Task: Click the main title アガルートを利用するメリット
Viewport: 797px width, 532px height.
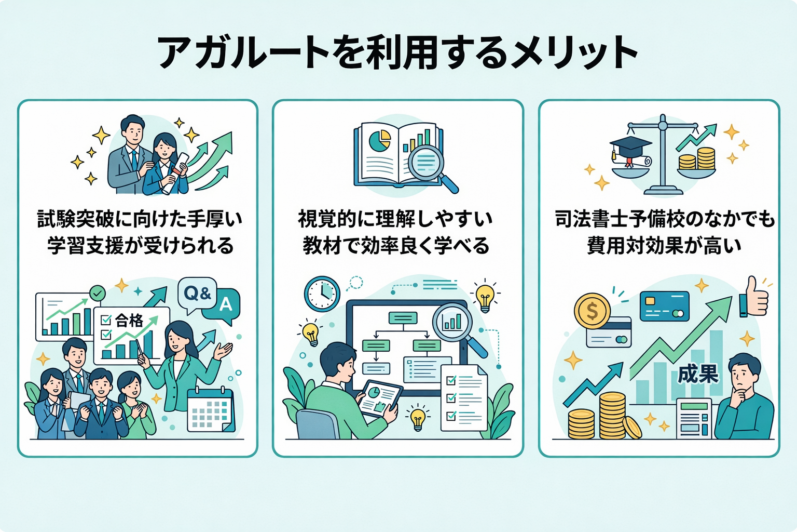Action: [x=397, y=53]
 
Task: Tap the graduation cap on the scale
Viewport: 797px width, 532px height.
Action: [x=630, y=147]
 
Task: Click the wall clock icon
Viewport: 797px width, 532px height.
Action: [x=322, y=294]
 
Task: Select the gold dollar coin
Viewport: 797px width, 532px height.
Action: [x=592, y=311]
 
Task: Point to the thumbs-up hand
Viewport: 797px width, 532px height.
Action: [x=754, y=297]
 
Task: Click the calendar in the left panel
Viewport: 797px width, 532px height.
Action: [x=211, y=410]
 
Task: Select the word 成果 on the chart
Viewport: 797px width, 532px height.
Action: [x=698, y=374]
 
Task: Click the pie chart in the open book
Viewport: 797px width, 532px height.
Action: [x=380, y=141]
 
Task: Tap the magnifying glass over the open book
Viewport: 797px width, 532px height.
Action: [x=432, y=167]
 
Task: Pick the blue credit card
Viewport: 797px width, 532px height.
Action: [x=664, y=306]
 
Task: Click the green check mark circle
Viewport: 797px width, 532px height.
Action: [x=97, y=293]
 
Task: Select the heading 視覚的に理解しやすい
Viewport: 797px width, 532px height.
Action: [x=395, y=219]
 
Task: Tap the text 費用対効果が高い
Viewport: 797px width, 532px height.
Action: [x=664, y=246]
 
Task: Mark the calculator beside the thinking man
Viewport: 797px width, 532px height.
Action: [x=694, y=418]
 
